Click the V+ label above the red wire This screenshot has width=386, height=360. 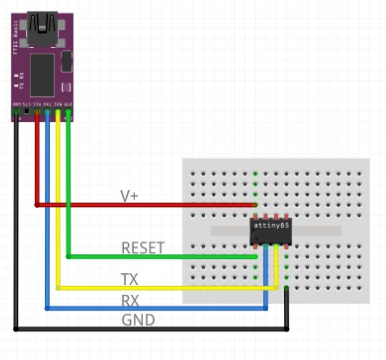pos(128,196)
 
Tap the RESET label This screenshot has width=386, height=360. pos(143,248)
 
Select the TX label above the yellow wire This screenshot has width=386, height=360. pos(129,279)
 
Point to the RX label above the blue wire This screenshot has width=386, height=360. pos(130,301)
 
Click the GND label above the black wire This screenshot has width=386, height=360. pos(138,320)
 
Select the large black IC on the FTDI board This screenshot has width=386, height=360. pos(42,74)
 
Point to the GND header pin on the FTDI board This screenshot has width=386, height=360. pos(16,112)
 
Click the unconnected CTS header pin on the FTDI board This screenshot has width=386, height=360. pos(27,112)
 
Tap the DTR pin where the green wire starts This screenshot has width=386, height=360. pos(68,112)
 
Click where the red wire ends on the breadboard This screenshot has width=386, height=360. pos(255,205)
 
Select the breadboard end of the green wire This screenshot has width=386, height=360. pos(255,257)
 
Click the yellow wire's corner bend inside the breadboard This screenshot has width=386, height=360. pos(276,288)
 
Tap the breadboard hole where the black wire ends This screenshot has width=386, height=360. pos(287,288)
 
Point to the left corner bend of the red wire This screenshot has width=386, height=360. pos(37,205)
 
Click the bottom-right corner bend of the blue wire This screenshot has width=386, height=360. pos(266,308)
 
